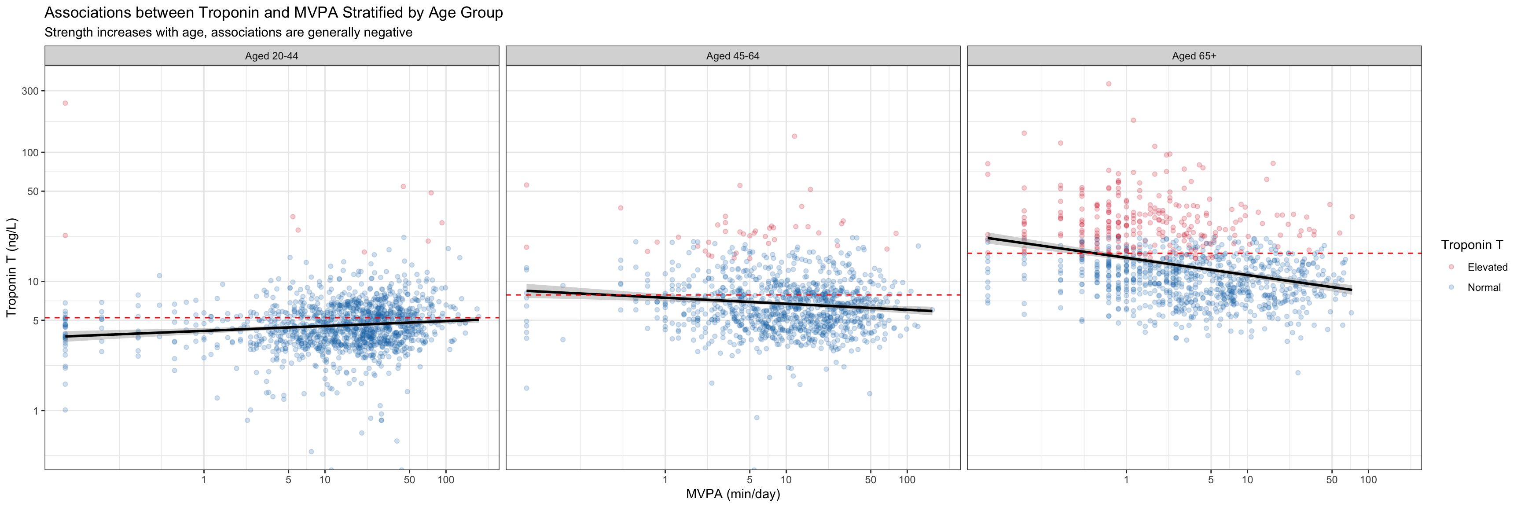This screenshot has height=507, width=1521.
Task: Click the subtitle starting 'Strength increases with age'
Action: (x=228, y=33)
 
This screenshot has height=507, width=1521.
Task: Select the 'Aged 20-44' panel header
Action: (x=272, y=56)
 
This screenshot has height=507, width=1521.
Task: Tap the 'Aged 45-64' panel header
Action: (x=733, y=56)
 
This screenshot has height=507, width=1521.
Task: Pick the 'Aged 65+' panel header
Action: (x=1194, y=56)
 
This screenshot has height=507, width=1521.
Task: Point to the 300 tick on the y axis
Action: (x=30, y=91)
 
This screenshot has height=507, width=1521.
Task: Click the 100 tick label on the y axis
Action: (x=30, y=153)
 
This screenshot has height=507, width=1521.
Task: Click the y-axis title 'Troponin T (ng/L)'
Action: (x=12, y=268)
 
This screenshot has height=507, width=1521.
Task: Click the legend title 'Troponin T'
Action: (x=1471, y=245)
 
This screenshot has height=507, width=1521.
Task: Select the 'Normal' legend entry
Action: (x=1484, y=287)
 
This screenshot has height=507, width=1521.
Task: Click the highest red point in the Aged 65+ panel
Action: (x=1108, y=84)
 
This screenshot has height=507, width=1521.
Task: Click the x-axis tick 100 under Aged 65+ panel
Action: (x=1368, y=480)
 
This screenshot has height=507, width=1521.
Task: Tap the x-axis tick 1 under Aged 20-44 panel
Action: (x=204, y=480)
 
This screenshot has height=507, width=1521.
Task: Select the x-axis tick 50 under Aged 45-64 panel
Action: (x=871, y=480)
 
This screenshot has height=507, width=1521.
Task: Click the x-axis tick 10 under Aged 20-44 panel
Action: (x=325, y=480)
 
